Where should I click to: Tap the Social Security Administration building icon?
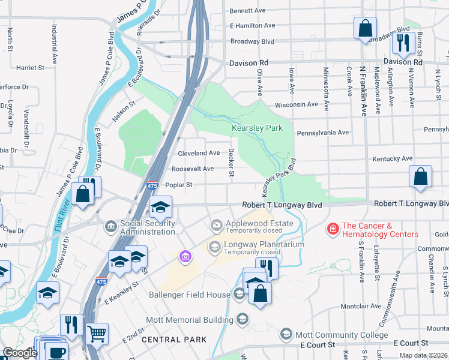tap(111, 226)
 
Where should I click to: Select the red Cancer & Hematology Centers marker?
tap(332, 229)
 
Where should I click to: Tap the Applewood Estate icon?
tap(216, 226)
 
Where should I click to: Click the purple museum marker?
tap(185, 257)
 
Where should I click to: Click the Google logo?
tap(19, 353)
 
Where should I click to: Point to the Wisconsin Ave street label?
tap(296, 104)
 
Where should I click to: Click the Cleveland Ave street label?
tap(198, 153)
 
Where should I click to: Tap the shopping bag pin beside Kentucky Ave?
tap(421, 176)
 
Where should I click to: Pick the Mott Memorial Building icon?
tap(243, 318)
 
